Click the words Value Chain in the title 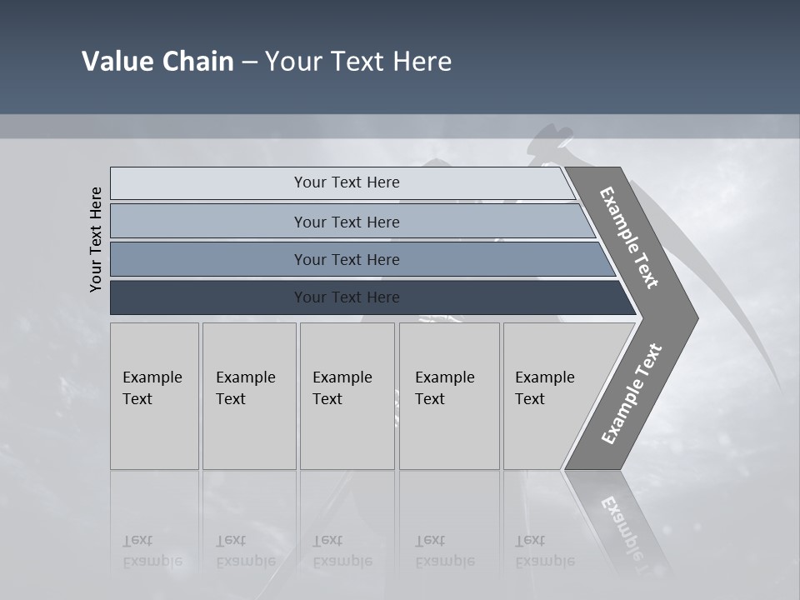click(x=157, y=61)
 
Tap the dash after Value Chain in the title click(x=249, y=62)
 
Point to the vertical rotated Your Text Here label click(x=96, y=239)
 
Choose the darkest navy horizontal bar click(x=208, y=297)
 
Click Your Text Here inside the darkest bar click(x=347, y=297)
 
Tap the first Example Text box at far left click(x=154, y=396)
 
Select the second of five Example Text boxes click(x=248, y=396)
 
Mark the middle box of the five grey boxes click(x=347, y=396)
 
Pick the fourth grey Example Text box click(x=449, y=396)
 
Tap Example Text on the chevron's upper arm click(x=629, y=238)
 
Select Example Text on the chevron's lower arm click(x=631, y=394)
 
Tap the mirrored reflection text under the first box click(x=152, y=551)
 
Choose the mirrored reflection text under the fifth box click(x=544, y=551)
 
